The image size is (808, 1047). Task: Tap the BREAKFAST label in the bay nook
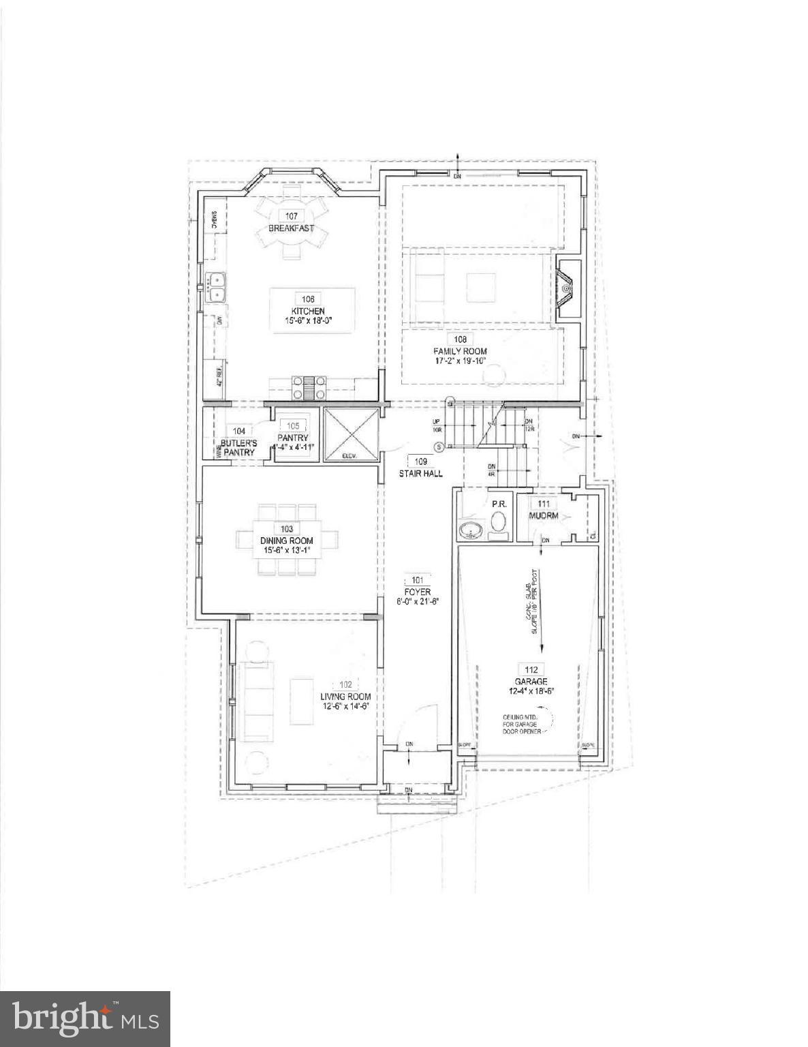291,228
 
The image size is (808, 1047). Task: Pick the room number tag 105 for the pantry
292,426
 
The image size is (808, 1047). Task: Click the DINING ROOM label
286,541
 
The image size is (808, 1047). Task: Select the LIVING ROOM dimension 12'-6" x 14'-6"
346,706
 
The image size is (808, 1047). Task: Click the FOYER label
417,592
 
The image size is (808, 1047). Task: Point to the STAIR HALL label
421,473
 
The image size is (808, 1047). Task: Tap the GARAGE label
531,682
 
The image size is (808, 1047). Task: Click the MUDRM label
544,515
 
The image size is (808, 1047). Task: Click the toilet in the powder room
499,523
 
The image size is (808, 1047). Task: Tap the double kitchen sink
217,287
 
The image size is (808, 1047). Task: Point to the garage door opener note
521,725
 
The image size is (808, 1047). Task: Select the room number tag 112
531,669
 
